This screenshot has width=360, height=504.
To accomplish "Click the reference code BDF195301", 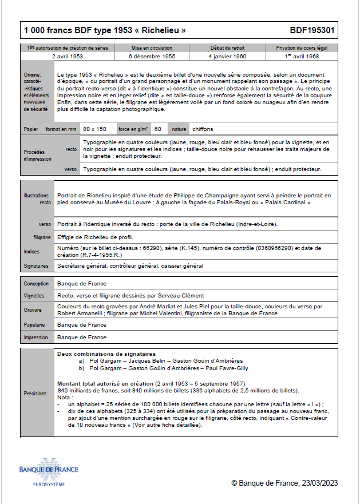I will [x=312, y=30].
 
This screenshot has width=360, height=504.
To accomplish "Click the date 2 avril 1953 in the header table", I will [x=68, y=57].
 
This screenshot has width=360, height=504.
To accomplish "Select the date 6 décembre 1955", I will [x=152, y=57].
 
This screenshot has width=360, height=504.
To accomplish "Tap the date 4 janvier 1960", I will [x=228, y=57].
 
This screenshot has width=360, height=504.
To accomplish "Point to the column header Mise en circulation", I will [x=152, y=48].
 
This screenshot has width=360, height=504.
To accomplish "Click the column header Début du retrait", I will [x=228, y=48].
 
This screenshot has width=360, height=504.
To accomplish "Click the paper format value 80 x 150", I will [x=94, y=129].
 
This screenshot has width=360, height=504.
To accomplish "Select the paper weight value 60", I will [x=157, y=129].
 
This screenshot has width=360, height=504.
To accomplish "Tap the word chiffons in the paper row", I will [x=203, y=129].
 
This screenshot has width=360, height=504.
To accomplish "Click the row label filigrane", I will [x=42, y=237].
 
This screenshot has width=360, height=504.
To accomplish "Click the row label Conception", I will [x=36, y=284].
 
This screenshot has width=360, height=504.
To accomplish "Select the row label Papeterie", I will [x=35, y=325].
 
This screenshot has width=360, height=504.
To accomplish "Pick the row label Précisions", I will [x=35, y=394].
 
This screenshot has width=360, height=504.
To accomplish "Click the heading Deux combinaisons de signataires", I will [x=107, y=354].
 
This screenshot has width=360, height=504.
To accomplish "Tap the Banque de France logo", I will [x=49, y=473].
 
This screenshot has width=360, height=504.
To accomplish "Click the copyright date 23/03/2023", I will [x=317, y=483].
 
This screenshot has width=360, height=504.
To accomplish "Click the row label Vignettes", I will [x=34, y=296].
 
